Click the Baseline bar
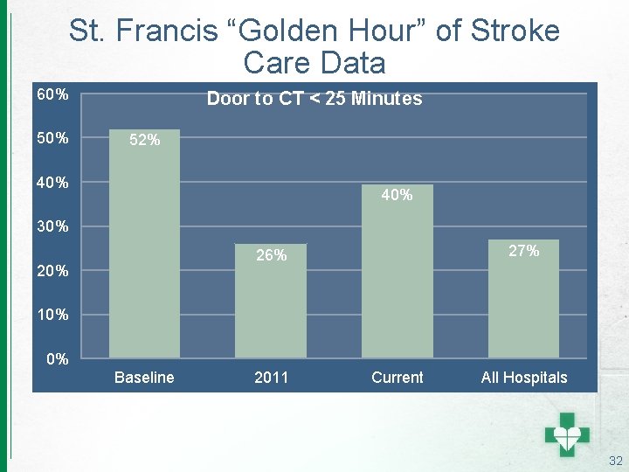[x=144, y=244]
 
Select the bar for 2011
[x=271, y=301]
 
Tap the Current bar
[x=397, y=271]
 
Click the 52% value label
[x=144, y=140]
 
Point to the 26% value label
[x=271, y=255]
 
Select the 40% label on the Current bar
[x=397, y=196]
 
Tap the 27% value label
[x=523, y=251]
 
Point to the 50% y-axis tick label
[x=52, y=138]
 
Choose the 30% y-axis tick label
[x=52, y=227]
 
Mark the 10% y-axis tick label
[x=52, y=315]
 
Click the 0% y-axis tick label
[x=58, y=358]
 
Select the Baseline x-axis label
[x=144, y=378]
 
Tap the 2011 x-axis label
[x=271, y=378]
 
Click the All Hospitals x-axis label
[x=523, y=378]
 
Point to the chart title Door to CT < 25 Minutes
[x=314, y=99]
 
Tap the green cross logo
[x=567, y=433]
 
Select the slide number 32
[x=615, y=461]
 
